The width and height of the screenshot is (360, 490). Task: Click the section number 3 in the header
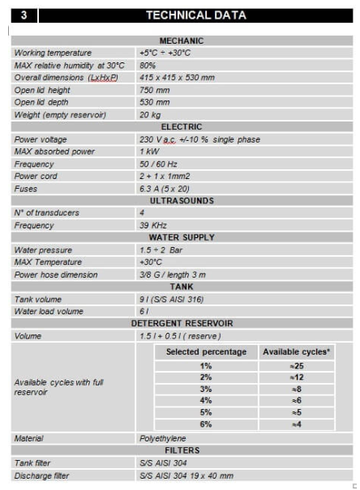click(x=24, y=15)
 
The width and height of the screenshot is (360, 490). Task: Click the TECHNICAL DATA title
click(x=195, y=15)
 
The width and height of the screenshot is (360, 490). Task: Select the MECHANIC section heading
click(x=182, y=40)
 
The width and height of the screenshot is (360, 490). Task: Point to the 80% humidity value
click(x=148, y=65)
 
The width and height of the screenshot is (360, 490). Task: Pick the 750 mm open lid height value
click(x=155, y=90)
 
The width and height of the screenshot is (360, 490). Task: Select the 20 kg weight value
click(x=149, y=114)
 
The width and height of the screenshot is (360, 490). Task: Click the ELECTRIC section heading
click(x=182, y=126)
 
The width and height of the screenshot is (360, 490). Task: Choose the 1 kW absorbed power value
click(x=150, y=151)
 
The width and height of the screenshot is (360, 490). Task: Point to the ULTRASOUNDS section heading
click(x=182, y=200)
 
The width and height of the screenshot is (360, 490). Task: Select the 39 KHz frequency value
click(x=155, y=225)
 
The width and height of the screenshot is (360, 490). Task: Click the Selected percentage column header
click(x=206, y=352)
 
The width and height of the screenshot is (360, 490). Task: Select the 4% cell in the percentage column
click(x=206, y=400)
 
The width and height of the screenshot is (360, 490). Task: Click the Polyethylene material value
click(x=163, y=438)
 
